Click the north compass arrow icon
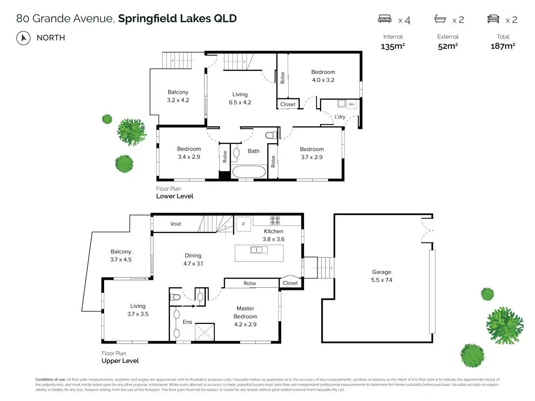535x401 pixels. pos(22,38)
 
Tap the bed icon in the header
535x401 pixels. pos(384,19)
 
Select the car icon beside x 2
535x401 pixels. pos(493,19)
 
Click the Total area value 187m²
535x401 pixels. pos(503,46)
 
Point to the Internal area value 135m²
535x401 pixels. pos(393,46)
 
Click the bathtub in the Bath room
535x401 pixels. pos(249,171)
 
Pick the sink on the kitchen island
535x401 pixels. pos(259,250)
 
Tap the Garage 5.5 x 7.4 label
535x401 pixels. pos(382,276)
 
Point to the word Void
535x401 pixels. pos(175,224)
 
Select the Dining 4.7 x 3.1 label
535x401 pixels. pos(193,259)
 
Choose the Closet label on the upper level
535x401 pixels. pos(290,283)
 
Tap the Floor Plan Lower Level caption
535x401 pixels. pos(175,193)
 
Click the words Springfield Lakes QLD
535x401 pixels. pos(178,19)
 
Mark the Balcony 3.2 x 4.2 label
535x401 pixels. pos(178,96)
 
